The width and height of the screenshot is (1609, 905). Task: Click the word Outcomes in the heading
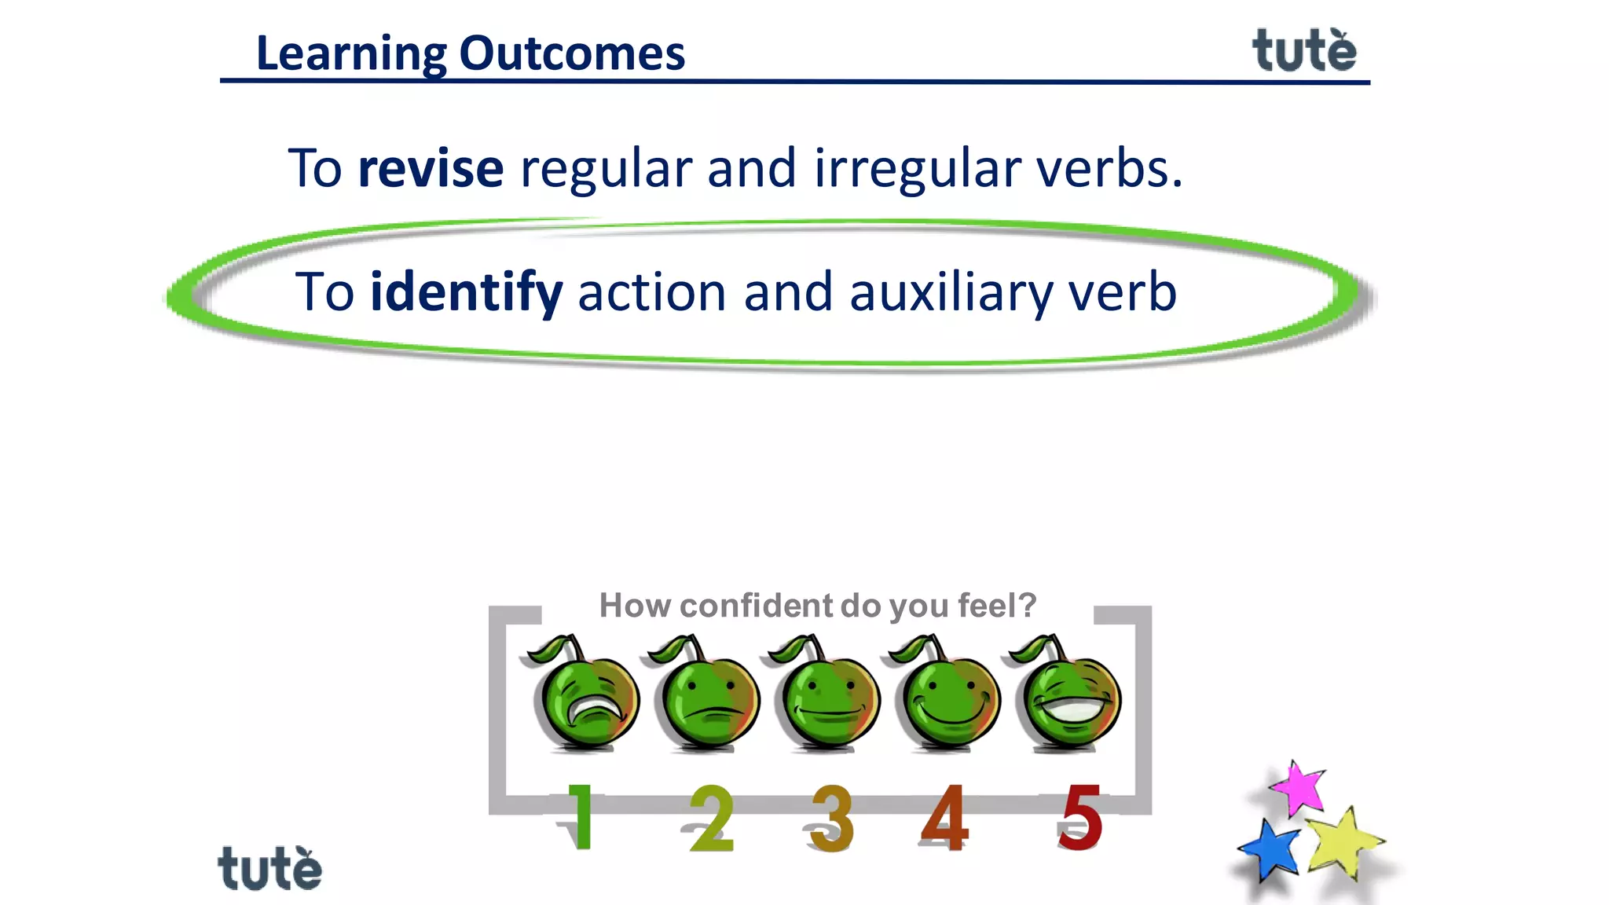coord(571,53)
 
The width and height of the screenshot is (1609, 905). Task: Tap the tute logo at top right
coord(1303,51)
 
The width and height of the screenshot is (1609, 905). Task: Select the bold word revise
coord(431,168)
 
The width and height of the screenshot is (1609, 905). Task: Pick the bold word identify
coord(466,292)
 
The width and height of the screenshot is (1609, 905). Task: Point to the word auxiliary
coord(950,292)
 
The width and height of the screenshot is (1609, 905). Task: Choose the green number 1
coord(580,817)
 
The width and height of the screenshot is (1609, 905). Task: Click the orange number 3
coord(831,819)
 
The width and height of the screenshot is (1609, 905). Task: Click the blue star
coord(1270,850)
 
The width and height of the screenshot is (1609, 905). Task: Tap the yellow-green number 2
coord(711,819)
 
